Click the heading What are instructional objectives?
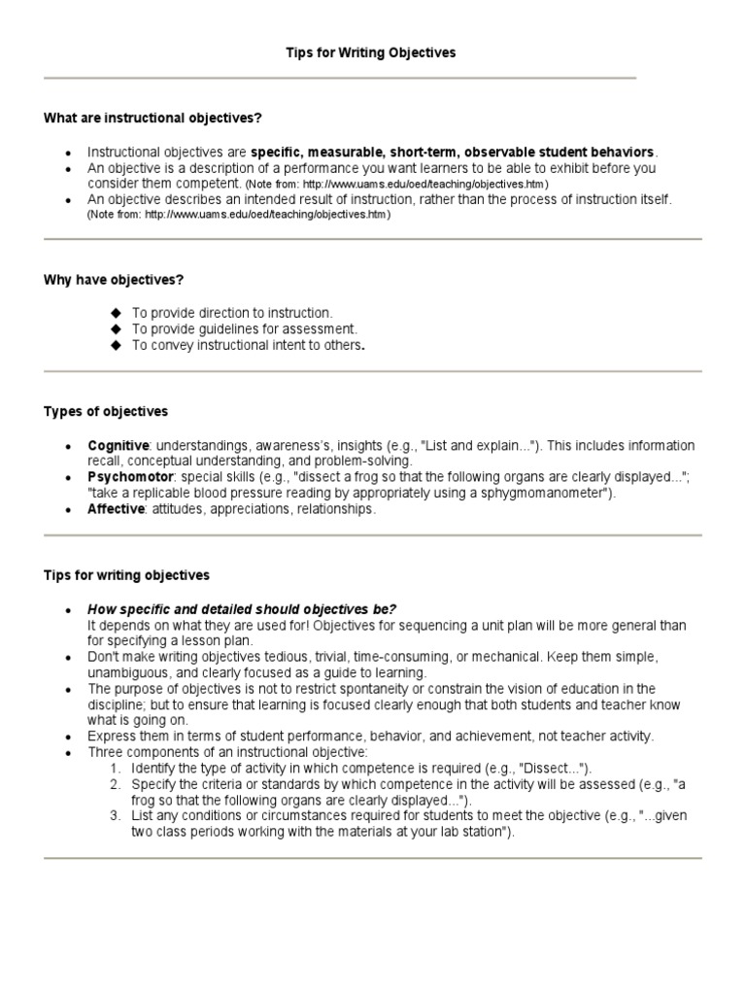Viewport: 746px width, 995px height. point(153,118)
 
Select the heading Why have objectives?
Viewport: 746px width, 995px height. point(114,280)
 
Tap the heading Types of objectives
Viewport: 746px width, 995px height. point(106,412)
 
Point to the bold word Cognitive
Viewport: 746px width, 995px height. point(118,445)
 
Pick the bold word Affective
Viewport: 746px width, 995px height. point(115,509)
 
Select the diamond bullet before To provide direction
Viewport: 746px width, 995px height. point(117,313)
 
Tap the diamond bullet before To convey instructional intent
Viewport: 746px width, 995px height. point(117,345)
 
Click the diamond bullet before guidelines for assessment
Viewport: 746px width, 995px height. point(117,329)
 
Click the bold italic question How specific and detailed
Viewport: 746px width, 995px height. point(243,608)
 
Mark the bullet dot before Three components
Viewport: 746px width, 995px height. point(67,753)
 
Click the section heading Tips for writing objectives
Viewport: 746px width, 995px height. point(126,575)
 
